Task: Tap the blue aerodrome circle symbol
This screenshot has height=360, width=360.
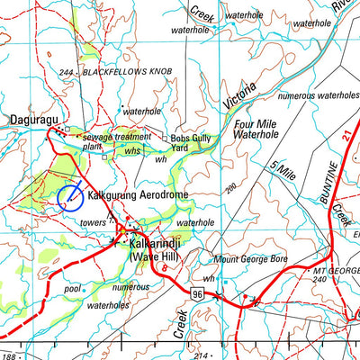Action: click(x=70, y=197)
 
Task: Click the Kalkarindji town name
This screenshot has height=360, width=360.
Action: click(x=158, y=244)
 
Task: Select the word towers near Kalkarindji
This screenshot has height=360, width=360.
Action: click(x=93, y=221)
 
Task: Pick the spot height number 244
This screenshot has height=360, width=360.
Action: click(x=63, y=71)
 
